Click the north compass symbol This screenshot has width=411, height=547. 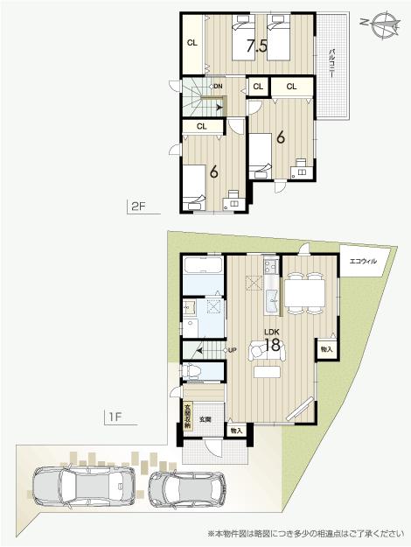(381, 25)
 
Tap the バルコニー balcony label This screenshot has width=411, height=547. (333, 65)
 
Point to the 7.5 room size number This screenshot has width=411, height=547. (256, 46)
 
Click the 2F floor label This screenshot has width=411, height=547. (136, 207)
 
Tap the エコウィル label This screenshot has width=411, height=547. (363, 262)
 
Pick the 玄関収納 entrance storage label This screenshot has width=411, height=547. (188, 412)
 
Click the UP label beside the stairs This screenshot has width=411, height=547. (232, 351)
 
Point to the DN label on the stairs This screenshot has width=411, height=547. (217, 86)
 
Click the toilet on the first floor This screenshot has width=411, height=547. (194, 371)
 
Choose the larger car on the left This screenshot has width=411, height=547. (84, 486)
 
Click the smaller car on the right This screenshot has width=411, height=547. (186, 488)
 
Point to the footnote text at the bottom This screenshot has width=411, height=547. (306, 533)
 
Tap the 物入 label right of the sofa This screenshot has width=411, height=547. (325, 349)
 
